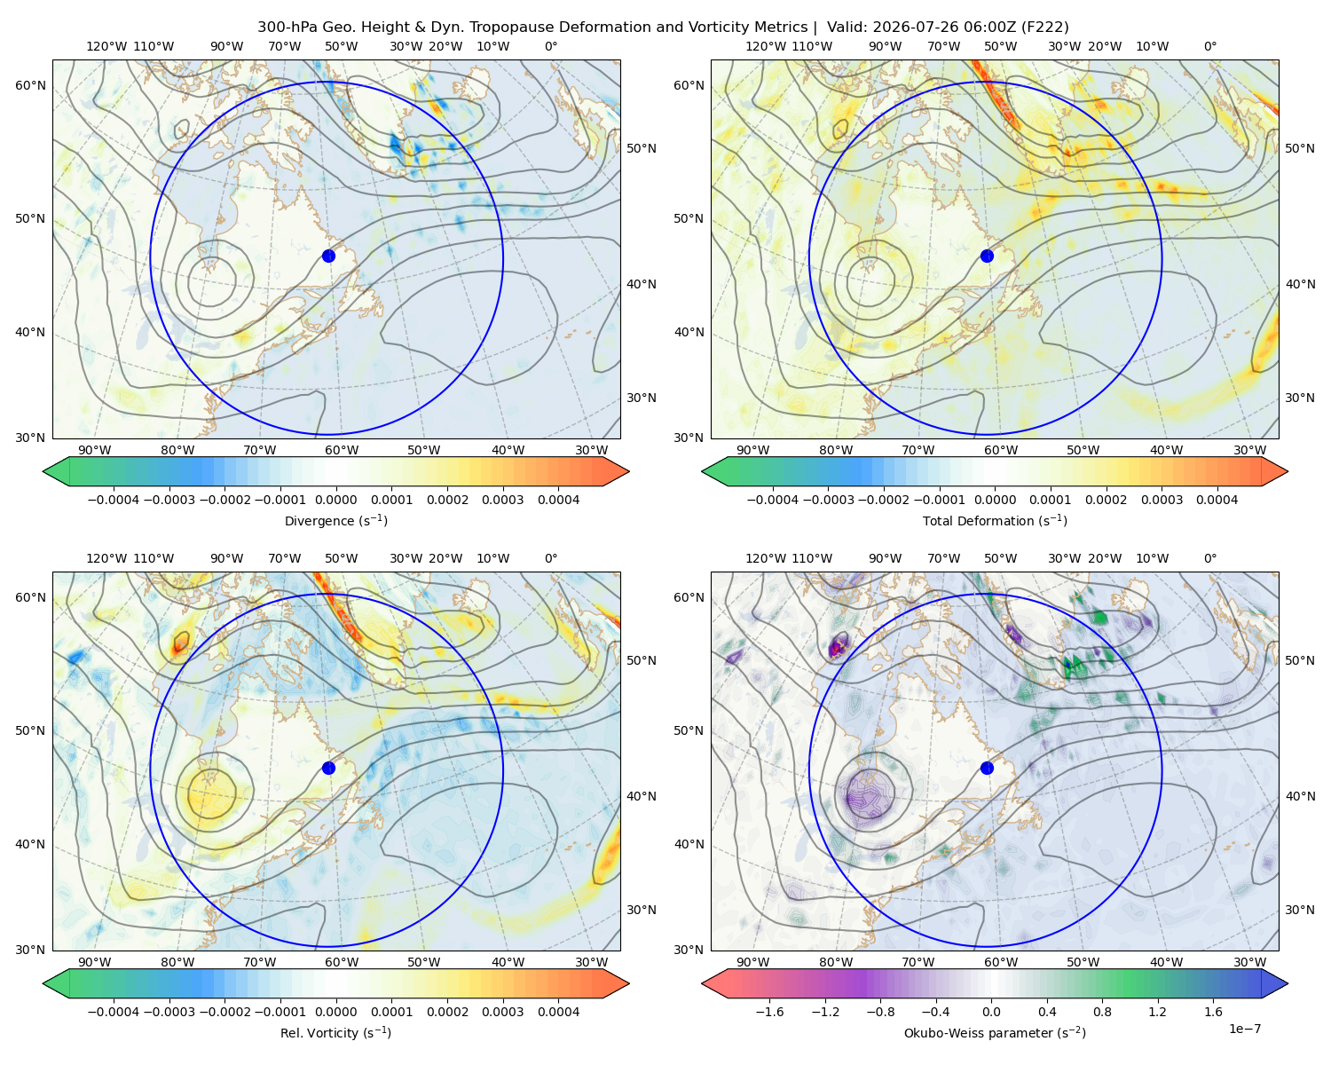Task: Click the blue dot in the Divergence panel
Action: (x=328, y=256)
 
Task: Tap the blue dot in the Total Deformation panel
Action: (x=987, y=256)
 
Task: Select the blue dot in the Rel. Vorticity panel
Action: (x=328, y=768)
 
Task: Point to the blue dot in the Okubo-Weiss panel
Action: (x=987, y=768)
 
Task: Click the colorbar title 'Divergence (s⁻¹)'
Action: (x=335, y=520)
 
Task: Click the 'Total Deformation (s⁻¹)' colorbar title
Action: (x=995, y=520)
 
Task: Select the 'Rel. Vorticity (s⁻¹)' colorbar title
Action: (x=335, y=1032)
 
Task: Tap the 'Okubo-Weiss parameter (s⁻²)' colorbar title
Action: (x=995, y=1032)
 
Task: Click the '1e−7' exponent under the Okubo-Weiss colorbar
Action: (x=1244, y=1029)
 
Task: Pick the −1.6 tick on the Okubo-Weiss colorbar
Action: (x=769, y=1011)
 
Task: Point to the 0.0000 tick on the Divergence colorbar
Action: (x=335, y=500)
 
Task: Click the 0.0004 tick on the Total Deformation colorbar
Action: (x=1217, y=500)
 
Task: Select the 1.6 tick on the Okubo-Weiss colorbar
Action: (x=1213, y=1011)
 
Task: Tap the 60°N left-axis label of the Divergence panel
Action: (x=30, y=85)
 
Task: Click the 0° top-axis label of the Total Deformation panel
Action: (x=1209, y=46)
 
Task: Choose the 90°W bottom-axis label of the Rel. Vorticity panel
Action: (x=95, y=962)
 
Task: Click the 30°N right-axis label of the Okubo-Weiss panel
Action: (x=1300, y=909)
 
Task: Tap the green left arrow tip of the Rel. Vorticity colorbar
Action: (x=43, y=983)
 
